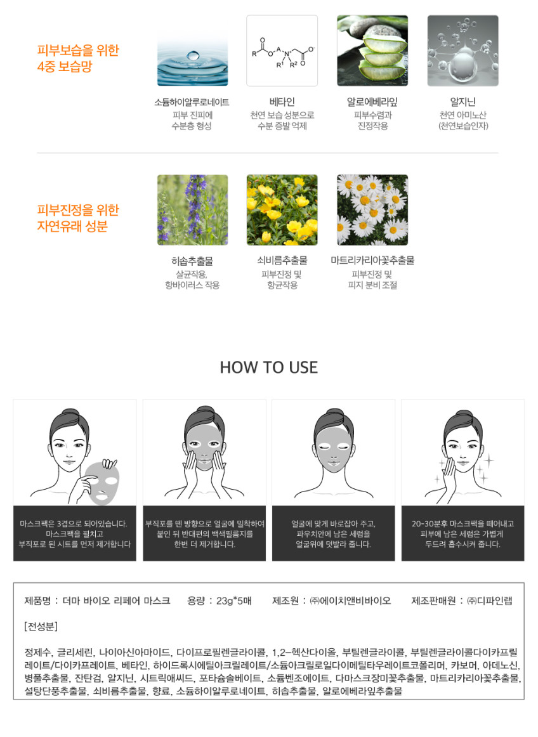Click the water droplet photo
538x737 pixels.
[x=192, y=51]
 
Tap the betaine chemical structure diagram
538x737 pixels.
[x=282, y=51]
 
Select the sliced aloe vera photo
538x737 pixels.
[x=372, y=51]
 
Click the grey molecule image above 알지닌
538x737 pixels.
[x=463, y=51]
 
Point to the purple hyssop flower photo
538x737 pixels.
[x=192, y=210]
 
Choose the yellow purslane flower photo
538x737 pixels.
[x=282, y=210]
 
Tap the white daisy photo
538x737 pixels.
[x=372, y=210]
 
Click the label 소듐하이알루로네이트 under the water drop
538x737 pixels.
[x=192, y=102]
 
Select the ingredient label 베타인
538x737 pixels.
[x=282, y=102]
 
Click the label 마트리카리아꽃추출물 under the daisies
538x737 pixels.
[x=372, y=261]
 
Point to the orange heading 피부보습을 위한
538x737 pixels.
[x=78, y=50]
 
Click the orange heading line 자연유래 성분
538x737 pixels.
[x=72, y=226]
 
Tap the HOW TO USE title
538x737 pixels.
[x=269, y=367]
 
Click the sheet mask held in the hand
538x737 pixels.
[x=103, y=483]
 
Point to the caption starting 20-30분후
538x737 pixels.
[x=463, y=534]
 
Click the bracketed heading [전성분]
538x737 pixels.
[x=41, y=627]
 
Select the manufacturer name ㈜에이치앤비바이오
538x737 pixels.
[x=350, y=601]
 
